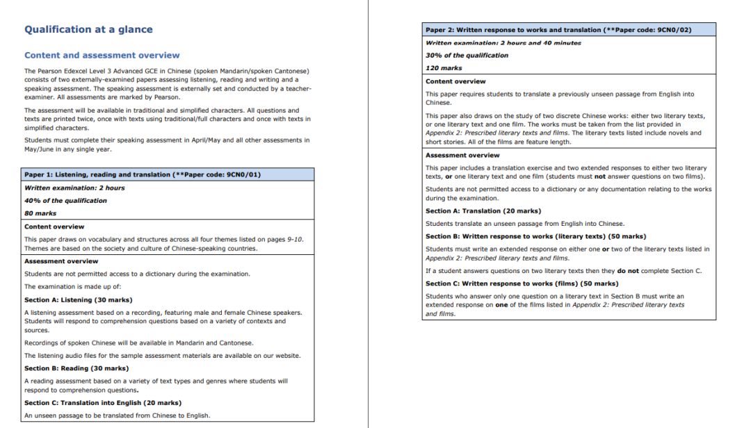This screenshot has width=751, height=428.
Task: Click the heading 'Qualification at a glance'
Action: click(x=88, y=30)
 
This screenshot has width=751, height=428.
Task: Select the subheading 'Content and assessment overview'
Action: click(x=102, y=56)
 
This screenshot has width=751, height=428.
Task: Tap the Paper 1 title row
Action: click(x=143, y=174)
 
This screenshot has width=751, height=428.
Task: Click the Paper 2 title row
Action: click(x=558, y=31)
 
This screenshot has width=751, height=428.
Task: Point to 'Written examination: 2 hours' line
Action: click(x=74, y=188)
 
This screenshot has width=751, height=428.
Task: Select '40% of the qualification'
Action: click(x=65, y=201)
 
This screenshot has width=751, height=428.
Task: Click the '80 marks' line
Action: click(x=40, y=213)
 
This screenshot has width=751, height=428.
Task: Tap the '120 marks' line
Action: click(x=444, y=68)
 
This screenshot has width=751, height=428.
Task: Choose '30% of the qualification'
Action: click(x=467, y=56)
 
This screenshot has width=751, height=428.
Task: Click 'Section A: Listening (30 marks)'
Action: click(x=78, y=300)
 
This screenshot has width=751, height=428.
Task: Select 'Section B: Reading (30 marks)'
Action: click(x=76, y=368)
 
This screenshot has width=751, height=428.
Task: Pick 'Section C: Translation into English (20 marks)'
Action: click(x=102, y=403)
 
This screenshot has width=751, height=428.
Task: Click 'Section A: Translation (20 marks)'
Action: click(x=483, y=211)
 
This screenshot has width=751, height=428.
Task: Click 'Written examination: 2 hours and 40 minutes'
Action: click(x=503, y=43)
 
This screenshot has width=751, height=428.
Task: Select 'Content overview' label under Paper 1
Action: click(x=54, y=227)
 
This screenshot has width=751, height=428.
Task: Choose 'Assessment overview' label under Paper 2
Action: click(x=462, y=156)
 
